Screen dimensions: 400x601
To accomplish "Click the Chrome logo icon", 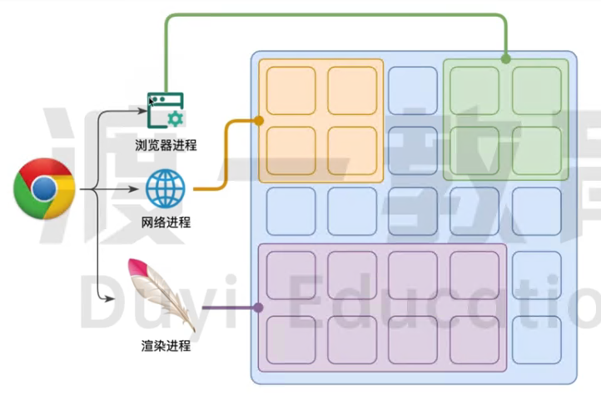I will pos(44,189).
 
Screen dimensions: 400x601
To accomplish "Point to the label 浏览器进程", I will pos(166,145).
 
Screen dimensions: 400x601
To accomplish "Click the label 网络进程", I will pos(166,222).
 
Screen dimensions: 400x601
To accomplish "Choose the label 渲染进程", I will pos(166,343).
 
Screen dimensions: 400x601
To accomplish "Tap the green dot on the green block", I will pos(505,59).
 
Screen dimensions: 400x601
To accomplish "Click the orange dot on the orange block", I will pos(259,121).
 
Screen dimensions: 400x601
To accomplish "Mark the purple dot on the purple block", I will pos(259,307).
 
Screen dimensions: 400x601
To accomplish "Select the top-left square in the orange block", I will pos(291,90).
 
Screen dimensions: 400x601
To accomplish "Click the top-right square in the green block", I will pos(537,90).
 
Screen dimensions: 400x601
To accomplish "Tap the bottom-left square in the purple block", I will pos(291,339).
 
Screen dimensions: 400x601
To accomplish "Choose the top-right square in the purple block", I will pos(475,275).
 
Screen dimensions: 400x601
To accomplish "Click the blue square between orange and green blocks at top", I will pos(413,90).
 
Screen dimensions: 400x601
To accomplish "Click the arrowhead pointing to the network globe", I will pos(138,191).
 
